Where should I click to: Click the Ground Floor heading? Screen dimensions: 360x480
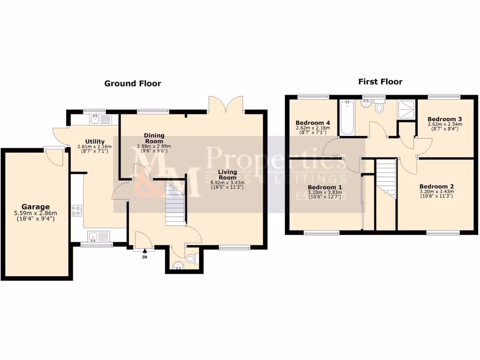point(132,83)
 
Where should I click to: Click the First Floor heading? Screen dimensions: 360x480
point(380,82)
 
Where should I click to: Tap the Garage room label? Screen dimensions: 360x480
point(35,207)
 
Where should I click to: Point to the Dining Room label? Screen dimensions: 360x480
point(154,138)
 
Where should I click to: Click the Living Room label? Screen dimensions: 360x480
point(227,175)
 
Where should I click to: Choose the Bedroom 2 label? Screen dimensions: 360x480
point(436,186)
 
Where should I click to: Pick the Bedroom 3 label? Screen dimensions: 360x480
point(445,119)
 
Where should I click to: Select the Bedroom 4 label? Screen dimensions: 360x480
point(313,122)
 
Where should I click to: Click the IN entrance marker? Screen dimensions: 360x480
point(145,257)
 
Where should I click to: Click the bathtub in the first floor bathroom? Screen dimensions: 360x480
point(347,119)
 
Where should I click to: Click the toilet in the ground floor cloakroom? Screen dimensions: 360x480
point(191,258)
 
